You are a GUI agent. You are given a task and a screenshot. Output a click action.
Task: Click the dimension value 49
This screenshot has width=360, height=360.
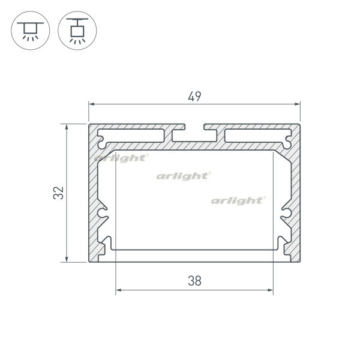pyautogui.click(x=194, y=97)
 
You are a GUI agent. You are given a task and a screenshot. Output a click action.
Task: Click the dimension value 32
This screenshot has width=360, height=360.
pyautogui.click(x=59, y=193)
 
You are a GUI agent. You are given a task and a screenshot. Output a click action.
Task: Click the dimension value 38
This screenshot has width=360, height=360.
pyautogui.click(x=194, y=281)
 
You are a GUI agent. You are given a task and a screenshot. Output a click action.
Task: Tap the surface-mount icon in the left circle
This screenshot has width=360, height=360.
pyautogui.click(x=31, y=31)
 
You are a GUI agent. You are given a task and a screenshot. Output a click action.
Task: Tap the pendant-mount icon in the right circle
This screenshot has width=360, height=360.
pyautogui.click(x=77, y=31)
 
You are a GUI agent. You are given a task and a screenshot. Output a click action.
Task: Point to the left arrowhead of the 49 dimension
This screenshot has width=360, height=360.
pyautogui.click(x=92, y=104)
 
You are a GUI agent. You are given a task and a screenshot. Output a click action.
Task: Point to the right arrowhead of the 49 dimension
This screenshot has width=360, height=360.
pyautogui.click(x=298, y=104)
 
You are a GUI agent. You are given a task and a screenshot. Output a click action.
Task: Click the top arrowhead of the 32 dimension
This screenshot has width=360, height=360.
pyautogui.click(x=67, y=127)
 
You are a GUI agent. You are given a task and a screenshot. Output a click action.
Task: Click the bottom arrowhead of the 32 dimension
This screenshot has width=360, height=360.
pyautogui.click(x=67, y=259)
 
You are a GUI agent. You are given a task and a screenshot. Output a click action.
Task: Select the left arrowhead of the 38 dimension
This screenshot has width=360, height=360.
pyautogui.click(x=118, y=290)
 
